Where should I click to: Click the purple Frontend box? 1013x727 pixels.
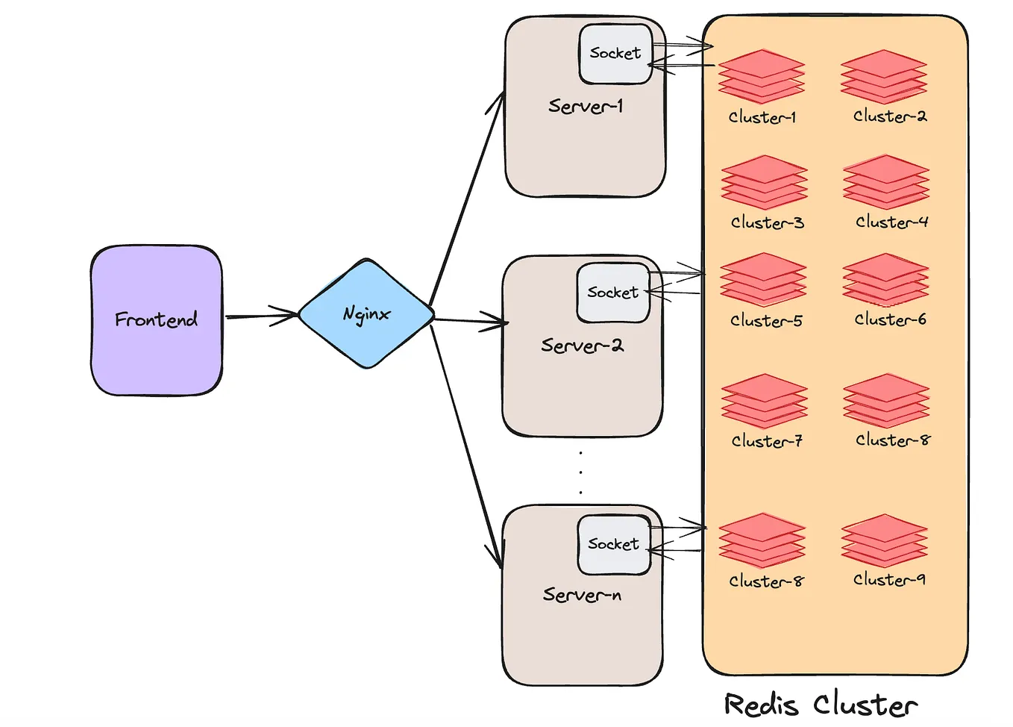156,319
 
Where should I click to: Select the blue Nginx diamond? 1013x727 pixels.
366,313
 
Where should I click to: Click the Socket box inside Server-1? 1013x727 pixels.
615,54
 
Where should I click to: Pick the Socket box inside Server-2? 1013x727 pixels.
612,293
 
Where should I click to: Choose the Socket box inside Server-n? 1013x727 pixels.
613,544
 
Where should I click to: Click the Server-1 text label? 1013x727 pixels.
585,106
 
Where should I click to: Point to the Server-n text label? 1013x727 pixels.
582,595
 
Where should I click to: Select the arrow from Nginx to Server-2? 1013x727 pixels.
470,321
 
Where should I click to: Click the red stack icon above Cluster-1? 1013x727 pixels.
762,76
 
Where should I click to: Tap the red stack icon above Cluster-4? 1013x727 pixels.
886,181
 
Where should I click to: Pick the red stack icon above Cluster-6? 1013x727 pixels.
885,279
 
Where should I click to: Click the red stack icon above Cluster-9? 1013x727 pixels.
884,540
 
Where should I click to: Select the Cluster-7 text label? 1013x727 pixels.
767,441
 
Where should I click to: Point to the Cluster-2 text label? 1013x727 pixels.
890,116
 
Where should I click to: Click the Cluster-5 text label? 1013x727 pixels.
766,321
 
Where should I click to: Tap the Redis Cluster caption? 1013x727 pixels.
821,705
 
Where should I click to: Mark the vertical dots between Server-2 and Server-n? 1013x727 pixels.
580,472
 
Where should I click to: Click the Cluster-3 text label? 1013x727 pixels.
767,222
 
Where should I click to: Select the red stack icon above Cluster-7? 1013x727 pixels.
764,401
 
